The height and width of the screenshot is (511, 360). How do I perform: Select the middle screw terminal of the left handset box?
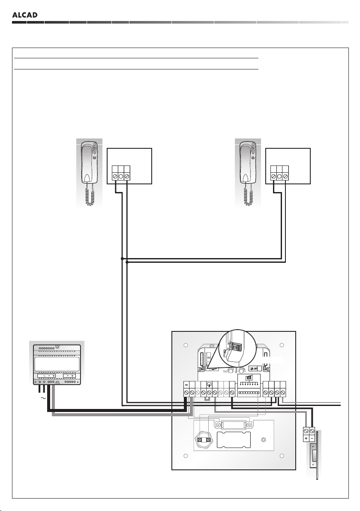pyautogui.click(x=121, y=176)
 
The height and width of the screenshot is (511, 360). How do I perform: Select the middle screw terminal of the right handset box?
pyautogui.click(x=280, y=176)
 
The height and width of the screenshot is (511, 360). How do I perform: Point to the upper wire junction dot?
pyautogui.click(x=122, y=259)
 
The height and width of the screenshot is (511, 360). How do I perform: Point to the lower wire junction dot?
pyautogui.click(x=127, y=263)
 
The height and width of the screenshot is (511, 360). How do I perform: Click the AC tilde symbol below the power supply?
pyautogui.click(x=43, y=398)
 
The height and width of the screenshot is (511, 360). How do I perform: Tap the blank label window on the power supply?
pyautogui.click(x=57, y=364)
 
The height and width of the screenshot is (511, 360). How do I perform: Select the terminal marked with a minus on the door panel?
pyautogui.click(x=187, y=392)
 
